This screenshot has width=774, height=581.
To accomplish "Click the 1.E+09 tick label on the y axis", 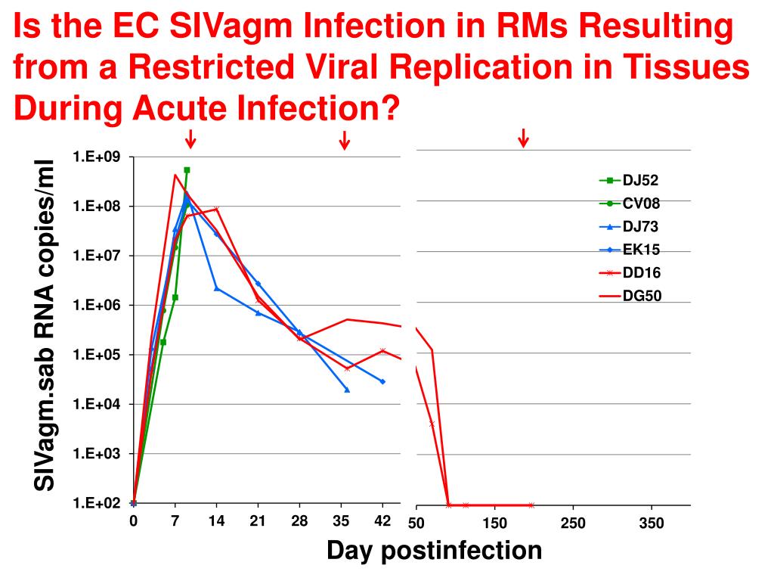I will pyautogui.click(x=97, y=157).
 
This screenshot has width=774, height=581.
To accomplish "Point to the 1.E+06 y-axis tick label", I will pyautogui.click(x=97, y=305).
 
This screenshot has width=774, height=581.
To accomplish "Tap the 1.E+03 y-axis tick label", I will pyautogui.click(x=97, y=453).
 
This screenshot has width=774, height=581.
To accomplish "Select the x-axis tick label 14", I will pyautogui.click(x=216, y=520).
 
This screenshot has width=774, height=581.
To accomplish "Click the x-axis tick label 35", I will pyautogui.click(x=342, y=520).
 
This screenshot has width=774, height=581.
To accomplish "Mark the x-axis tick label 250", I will pyautogui.click(x=573, y=523).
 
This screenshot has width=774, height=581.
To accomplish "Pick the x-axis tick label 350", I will pyautogui.click(x=652, y=523).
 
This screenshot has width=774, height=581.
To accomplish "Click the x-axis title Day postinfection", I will pyautogui.click(x=434, y=550).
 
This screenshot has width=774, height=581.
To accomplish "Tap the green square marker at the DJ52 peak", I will pyautogui.click(x=187, y=170).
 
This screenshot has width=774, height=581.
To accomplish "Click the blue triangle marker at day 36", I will pyautogui.click(x=347, y=390).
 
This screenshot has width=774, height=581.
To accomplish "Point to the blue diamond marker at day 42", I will pyautogui.click(x=382, y=381).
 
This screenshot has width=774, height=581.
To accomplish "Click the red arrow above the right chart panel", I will pyautogui.click(x=522, y=138).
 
